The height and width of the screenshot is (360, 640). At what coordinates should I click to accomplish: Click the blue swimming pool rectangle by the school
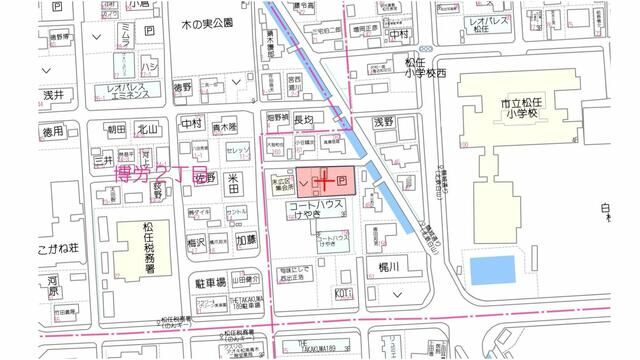point(491,269)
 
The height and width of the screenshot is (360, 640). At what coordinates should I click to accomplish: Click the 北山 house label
point(148,129)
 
